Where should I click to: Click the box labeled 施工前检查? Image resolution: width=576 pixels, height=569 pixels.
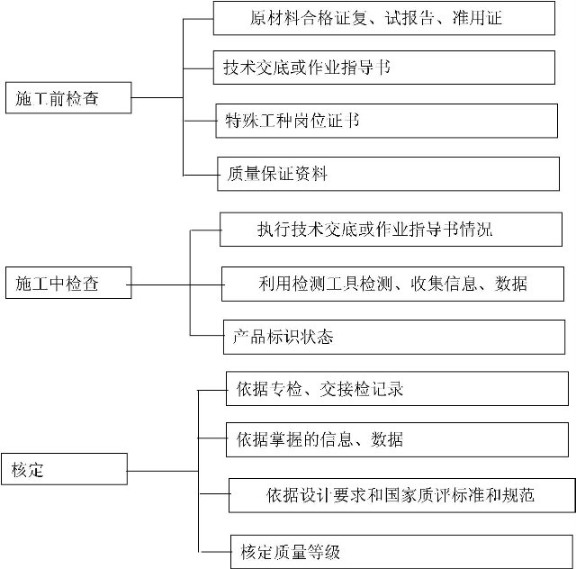[x=68, y=98]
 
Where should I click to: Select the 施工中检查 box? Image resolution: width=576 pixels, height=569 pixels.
[x=68, y=283]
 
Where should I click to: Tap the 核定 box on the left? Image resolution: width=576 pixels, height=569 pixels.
[x=64, y=469]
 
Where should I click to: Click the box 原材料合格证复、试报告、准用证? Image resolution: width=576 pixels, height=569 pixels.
[x=384, y=18]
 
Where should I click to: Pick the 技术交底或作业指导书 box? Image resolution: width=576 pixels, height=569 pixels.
[x=384, y=68]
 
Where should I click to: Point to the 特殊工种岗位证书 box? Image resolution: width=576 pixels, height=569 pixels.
[x=386, y=121]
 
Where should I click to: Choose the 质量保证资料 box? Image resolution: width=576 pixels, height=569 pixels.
[x=388, y=174]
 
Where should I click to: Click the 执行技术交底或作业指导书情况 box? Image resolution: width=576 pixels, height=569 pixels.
[x=391, y=230]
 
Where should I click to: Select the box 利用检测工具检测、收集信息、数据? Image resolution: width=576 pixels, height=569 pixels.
[x=392, y=284]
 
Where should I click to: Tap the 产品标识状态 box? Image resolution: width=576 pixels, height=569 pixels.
[x=394, y=337]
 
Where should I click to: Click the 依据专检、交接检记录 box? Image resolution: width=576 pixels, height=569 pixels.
[x=397, y=389]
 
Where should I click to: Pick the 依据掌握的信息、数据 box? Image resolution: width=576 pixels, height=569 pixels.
[x=397, y=439]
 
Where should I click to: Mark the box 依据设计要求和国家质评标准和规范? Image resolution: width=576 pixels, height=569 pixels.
[x=402, y=495]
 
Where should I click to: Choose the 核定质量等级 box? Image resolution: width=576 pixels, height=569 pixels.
[x=401, y=552]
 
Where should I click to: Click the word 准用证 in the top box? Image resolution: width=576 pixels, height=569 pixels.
[x=477, y=18]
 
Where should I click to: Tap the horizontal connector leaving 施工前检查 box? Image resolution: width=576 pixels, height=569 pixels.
[x=157, y=98]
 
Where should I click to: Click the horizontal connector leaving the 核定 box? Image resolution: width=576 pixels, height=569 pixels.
[x=163, y=471]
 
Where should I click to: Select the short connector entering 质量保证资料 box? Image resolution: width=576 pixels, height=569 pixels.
[x=200, y=175]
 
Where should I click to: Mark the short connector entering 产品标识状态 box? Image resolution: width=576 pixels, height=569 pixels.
[x=207, y=335]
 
